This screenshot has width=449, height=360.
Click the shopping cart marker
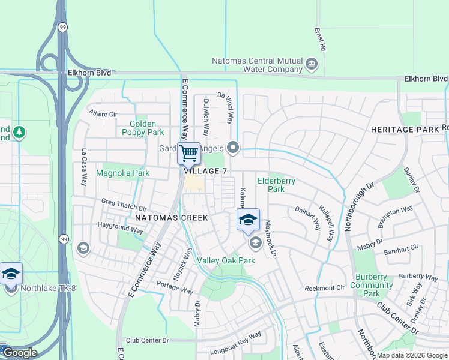189,154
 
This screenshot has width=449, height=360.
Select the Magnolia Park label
123,173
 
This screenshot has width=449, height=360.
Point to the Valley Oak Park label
226,260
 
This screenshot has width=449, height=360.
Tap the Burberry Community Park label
372,285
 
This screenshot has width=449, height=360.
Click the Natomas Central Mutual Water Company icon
312,64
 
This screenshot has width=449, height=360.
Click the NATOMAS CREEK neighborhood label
171,217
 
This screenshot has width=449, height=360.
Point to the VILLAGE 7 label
206,172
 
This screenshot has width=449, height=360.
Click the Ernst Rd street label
323,38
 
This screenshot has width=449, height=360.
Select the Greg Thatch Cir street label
124,203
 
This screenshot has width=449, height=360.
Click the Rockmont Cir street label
325,288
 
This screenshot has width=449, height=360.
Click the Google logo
20,353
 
